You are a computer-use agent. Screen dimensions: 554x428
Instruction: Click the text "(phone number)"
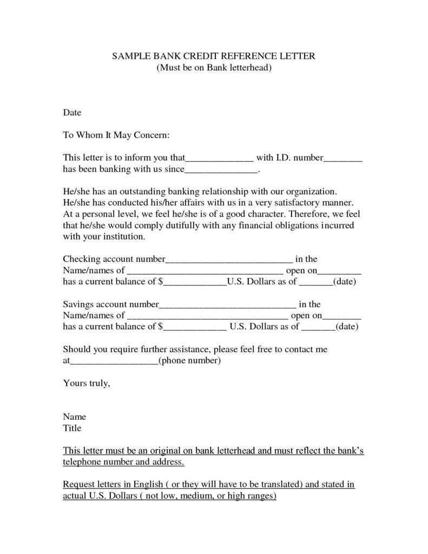coord(189,360)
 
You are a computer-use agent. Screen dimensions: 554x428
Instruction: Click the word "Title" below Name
coord(72,428)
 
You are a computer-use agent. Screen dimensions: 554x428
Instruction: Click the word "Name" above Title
coord(74,417)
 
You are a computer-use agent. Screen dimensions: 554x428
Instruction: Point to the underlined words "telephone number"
coord(97,462)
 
